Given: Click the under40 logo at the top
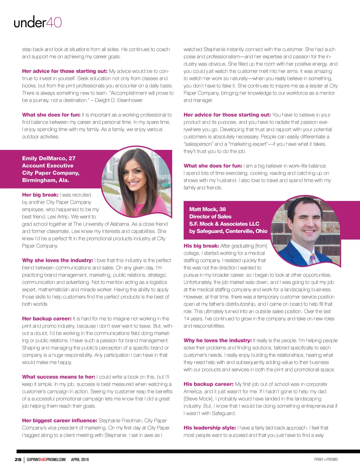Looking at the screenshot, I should click(38, 23).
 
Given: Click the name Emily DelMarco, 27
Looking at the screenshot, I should click(49, 158).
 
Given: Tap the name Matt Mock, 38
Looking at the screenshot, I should click(207, 209).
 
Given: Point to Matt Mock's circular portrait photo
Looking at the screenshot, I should click(306, 230).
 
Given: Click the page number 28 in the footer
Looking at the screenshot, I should click(18, 460).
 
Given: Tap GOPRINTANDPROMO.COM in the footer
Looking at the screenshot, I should click(46, 460).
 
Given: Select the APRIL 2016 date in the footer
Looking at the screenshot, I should click(80, 460).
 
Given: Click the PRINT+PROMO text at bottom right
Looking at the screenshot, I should click(326, 460).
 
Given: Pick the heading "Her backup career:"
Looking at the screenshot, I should click(47, 319).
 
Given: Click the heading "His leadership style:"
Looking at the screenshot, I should click(210, 428).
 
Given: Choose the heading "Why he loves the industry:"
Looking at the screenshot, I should click(218, 341).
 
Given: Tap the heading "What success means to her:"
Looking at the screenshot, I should click(59, 377).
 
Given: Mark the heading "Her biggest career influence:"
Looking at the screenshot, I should click(59, 420).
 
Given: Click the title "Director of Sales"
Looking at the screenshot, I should click(210, 216).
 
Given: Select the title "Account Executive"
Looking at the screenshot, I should click(48, 166).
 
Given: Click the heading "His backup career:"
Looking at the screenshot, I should click(208, 384).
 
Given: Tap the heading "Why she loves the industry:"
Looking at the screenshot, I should click(58, 260).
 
